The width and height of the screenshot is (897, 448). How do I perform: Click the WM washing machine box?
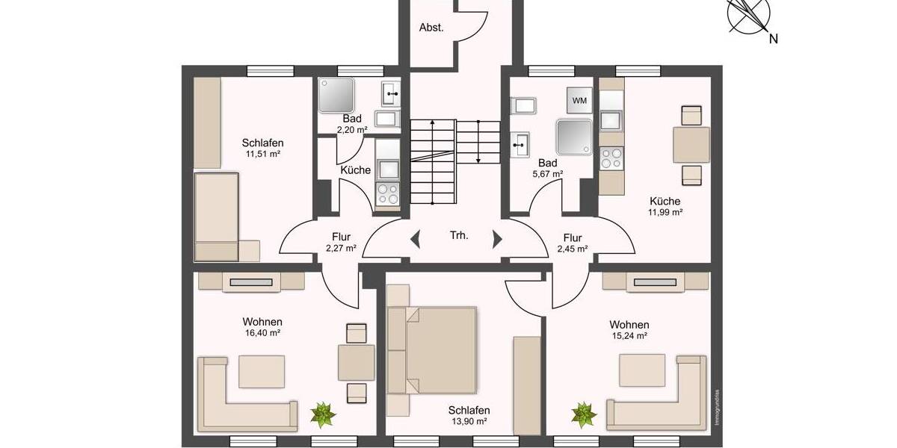click(x=579, y=100)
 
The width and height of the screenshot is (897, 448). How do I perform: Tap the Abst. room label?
click(x=431, y=28)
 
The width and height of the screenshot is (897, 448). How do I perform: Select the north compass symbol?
click(x=750, y=16)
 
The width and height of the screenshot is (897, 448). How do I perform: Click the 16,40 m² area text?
click(x=262, y=334)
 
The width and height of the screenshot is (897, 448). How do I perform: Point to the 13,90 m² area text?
click(x=469, y=422)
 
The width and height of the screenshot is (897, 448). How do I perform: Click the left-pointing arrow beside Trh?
click(x=416, y=240)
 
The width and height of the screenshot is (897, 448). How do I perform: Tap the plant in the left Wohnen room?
click(x=324, y=413)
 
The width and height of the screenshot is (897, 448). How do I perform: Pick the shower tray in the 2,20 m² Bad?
click(x=336, y=95)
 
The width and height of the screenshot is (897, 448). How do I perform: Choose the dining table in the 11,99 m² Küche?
click(x=691, y=145)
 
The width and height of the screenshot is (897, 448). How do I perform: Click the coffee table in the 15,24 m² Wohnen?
click(x=641, y=367)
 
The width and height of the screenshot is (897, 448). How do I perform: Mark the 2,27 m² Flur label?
click(x=341, y=243)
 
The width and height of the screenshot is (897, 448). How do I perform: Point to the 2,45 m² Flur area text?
click(x=572, y=249)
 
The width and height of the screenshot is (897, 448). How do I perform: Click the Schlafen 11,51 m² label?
click(x=262, y=148)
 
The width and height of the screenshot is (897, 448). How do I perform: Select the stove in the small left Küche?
click(x=387, y=193)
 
